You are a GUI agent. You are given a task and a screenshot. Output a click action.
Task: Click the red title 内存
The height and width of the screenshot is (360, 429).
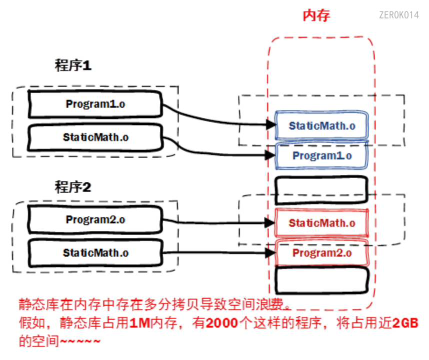point(316,15)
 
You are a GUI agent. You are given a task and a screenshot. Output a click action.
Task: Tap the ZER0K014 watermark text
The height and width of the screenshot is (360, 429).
point(398,15)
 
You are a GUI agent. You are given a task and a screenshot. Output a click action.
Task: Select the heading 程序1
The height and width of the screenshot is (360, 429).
point(73,65)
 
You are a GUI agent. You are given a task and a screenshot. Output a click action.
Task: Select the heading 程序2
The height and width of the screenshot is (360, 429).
point(73,187)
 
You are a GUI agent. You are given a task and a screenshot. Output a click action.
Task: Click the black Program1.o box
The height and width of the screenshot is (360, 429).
point(95,104)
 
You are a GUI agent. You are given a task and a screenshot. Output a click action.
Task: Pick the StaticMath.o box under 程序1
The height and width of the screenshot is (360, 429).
point(95,136)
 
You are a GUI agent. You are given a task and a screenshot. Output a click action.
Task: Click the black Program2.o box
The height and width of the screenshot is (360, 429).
point(95,219)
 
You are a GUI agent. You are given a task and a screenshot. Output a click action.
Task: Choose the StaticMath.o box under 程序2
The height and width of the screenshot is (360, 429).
point(95,252)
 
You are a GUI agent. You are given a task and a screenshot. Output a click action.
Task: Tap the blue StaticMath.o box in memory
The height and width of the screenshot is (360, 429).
point(321,125)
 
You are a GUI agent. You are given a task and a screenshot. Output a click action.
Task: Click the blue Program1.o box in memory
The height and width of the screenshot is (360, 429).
point(321,155)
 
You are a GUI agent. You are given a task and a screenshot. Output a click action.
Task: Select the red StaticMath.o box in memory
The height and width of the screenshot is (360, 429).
point(321,222)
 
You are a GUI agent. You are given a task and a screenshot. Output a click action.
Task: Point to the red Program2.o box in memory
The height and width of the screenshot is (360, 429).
point(321,252)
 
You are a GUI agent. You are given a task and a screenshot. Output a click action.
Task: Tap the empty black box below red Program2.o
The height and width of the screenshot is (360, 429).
point(321,281)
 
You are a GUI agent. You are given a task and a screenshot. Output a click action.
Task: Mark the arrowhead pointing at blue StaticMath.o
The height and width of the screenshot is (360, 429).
point(271,124)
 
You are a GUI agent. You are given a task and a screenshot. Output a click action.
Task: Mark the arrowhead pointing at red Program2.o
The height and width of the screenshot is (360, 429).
point(271,253)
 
